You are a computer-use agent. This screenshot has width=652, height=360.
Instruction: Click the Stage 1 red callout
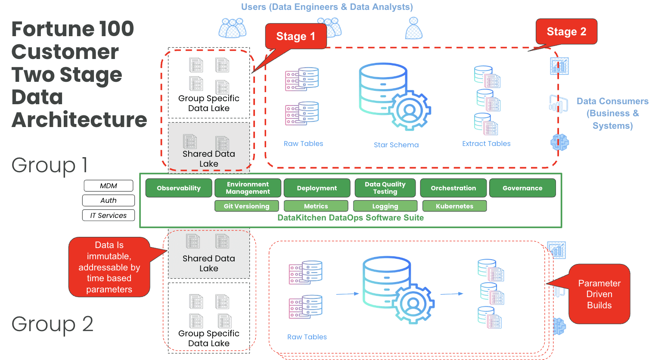tap(295, 37)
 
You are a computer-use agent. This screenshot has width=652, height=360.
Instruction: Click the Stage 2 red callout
tap(566, 31)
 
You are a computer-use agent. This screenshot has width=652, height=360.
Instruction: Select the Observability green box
tap(179, 188)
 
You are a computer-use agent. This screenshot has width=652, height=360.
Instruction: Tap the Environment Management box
tap(248, 188)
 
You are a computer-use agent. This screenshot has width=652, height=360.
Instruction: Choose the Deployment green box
tap(317, 188)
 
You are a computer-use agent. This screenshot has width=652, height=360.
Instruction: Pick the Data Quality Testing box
tap(385, 188)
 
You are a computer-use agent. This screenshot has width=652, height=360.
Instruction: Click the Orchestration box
tap(453, 188)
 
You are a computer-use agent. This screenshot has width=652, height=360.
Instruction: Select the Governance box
tap(522, 188)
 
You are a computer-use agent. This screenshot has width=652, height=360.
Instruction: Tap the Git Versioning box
tap(246, 206)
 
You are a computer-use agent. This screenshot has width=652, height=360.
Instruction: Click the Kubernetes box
tap(454, 206)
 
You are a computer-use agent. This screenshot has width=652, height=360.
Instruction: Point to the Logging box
tap(385, 206)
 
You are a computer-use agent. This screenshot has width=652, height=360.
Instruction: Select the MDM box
tap(109, 186)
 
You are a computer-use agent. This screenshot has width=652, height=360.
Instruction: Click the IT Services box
tap(109, 215)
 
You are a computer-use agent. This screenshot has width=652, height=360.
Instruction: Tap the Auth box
tap(109, 201)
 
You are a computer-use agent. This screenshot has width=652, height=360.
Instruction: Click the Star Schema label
tap(396, 145)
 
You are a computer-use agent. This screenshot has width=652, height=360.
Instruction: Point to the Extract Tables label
tap(486, 144)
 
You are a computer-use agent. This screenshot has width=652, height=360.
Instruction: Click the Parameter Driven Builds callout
tap(599, 295)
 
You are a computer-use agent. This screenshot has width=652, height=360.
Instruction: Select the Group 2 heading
tap(52, 324)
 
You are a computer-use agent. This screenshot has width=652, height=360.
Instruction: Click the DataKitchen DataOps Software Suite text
tap(351, 218)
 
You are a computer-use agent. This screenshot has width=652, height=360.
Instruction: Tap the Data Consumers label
tap(612, 113)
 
